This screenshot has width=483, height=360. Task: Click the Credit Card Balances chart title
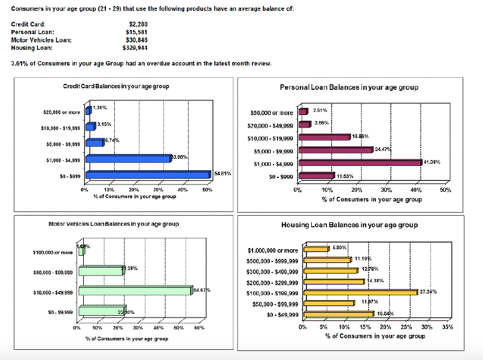(x=116, y=86)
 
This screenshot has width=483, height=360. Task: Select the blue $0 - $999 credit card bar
(x=147, y=175)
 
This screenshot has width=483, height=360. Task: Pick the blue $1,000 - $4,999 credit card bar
(x=127, y=159)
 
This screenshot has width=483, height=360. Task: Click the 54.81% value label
(x=222, y=173)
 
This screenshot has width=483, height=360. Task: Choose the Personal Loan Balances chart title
(x=349, y=87)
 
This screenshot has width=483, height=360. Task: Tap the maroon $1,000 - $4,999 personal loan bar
(x=360, y=162)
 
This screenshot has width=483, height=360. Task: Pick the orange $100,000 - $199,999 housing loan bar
(x=360, y=292)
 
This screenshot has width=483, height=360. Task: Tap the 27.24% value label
(x=429, y=292)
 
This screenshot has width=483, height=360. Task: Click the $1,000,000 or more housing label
(x=272, y=250)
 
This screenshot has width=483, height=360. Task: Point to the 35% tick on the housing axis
(x=448, y=327)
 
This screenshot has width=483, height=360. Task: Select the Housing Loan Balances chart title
(x=350, y=225)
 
